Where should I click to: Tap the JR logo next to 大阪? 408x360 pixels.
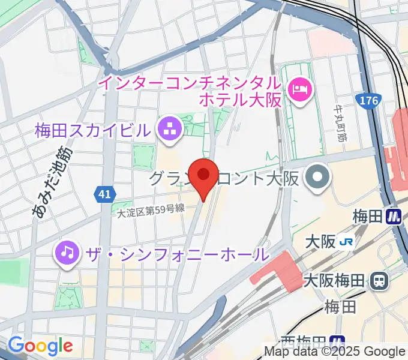pos(346,241)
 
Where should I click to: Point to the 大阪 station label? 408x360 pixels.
pos(320,241)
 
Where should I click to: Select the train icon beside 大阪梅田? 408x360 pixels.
pos(379,280)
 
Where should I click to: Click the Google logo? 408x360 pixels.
pos(40,346)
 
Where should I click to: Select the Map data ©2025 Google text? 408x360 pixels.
pos(335,352)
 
